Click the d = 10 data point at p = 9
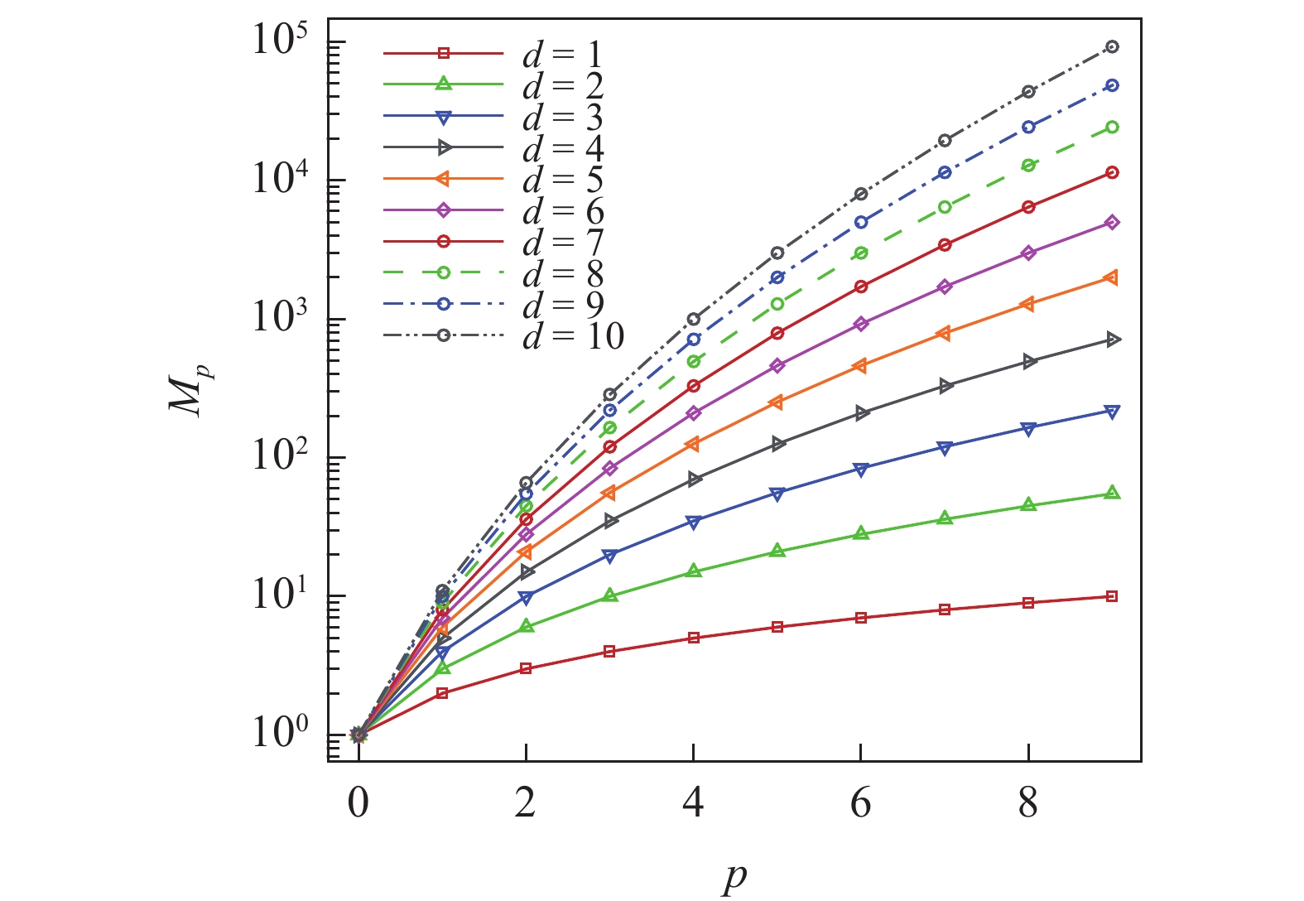(x=1112, y=47)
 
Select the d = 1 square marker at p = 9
(x=1112, y=596)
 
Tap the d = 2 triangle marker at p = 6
(x=861, y=533)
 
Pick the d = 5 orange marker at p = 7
(x=945, y=333)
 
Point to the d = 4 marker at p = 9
(x=1112, y=340)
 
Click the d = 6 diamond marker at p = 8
(x=1028, y=253)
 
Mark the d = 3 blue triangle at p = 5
(x=777, y=494)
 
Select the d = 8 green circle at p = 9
(x=1112, y=128)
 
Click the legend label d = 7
(x=563, y=242)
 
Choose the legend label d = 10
(x=573, y=335)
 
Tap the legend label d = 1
(x=563, y=55)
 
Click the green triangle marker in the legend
(x=443, y=84)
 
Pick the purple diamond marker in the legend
(x=443, y=210)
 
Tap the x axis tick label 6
(x=861, y=803)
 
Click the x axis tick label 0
(x=358, y=803)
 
